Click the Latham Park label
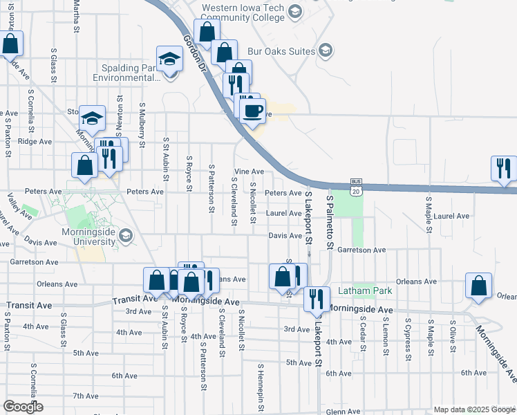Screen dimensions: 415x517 coord(365,291)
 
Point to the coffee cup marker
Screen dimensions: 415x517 coord(253,110)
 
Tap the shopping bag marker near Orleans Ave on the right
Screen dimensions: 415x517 coord(479,286)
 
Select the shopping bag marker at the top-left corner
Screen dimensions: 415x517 coord(10,44)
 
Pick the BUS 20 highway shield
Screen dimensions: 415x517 coord(356,187)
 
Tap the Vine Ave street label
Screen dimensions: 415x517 coord(249,172)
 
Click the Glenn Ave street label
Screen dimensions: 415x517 coord(344,411)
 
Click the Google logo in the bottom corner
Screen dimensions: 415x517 coord(23,406)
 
